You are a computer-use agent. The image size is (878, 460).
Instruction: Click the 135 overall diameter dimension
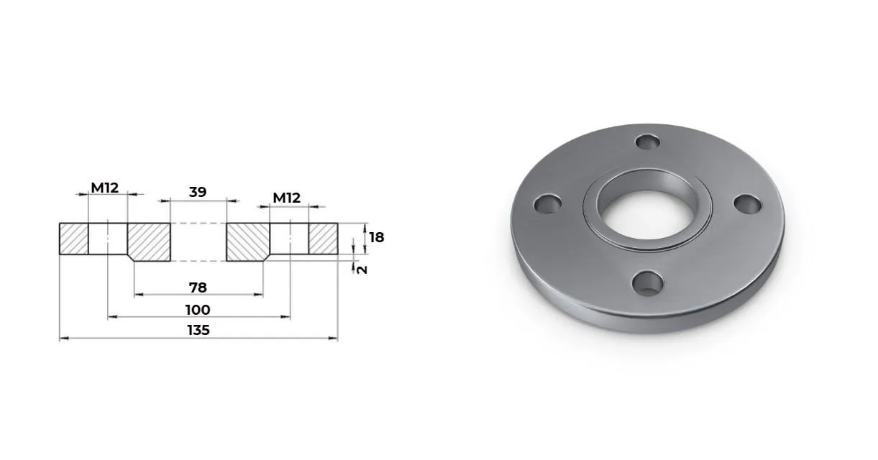pos(198,330)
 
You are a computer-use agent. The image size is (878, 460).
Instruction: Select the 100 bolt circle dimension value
pos(198,310)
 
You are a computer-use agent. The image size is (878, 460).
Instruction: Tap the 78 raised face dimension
pos(198,287)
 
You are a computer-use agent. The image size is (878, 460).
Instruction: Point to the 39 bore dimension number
pos(198,192)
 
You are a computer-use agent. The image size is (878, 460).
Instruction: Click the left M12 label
pos(104,188)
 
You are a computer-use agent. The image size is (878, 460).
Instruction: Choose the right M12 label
pos(286,198)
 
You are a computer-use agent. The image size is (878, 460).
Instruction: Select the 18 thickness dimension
pos(376,237)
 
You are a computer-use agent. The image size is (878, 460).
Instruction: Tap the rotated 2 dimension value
pos(362,270)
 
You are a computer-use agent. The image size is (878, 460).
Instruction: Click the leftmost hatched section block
pos(73,239)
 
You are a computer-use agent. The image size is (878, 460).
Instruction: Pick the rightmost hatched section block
pos(324,239)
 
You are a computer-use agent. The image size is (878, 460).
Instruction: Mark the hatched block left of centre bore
pos(150,241)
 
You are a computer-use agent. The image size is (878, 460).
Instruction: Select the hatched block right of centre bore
pos(247,241)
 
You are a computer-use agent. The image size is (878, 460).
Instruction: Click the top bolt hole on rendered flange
pos(649,142)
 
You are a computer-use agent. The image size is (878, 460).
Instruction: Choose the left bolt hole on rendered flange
pos(549,204)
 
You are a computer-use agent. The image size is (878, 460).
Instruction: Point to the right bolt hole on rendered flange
pos(748,203)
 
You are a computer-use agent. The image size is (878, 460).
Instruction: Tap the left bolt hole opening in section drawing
pos(108,239)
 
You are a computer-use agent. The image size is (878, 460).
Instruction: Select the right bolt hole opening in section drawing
pos(290,239)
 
